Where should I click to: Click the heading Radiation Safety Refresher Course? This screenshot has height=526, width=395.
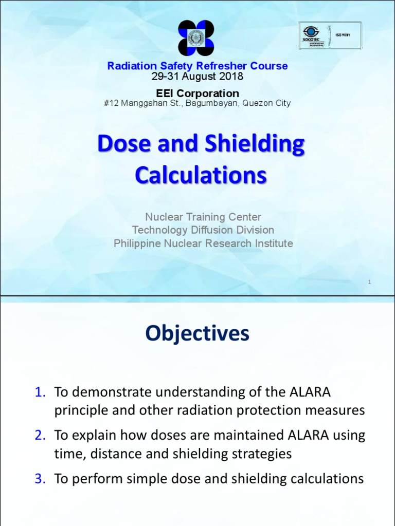197,66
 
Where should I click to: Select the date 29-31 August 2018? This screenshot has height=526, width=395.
197,77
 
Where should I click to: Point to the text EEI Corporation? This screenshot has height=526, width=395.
197,93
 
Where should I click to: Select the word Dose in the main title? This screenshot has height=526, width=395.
117,145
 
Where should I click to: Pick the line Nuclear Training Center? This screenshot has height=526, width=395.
203,217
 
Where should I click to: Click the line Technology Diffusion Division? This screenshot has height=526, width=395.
203,230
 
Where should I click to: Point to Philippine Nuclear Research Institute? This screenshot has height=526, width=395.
203,243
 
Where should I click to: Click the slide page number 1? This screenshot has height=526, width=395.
369,282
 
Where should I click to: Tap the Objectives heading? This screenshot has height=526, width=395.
197,333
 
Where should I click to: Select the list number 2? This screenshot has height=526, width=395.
41,436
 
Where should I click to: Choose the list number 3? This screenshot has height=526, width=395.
41,479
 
